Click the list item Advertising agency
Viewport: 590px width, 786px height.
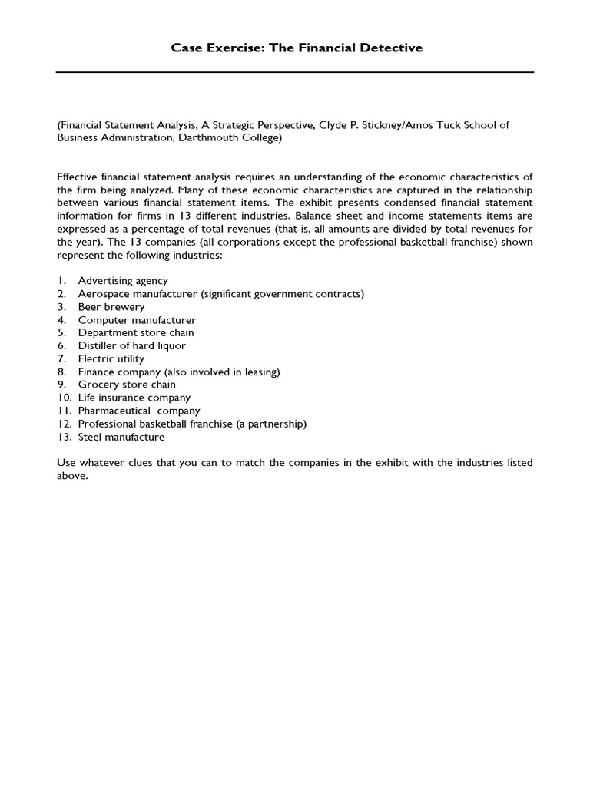(123, 281)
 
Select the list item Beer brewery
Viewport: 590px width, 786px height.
(111, 307)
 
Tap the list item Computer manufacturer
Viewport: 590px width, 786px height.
(137, 320)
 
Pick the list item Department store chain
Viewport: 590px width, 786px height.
(136, 333)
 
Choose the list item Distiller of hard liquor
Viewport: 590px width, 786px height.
(131, 346)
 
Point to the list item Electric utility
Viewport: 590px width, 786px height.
(111, 358)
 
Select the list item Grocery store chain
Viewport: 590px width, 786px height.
(127, 385)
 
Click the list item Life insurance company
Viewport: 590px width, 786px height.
(134, 398)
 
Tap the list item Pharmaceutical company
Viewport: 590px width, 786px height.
(139, 411)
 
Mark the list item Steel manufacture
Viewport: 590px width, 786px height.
(121, 437)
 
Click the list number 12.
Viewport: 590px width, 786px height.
(63, 424)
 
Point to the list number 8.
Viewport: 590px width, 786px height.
(61, 372)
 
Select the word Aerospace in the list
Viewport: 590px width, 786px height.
(101, 294)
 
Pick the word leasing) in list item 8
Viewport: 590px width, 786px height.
(262, 372)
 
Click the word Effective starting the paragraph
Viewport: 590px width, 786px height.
(79, 177)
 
